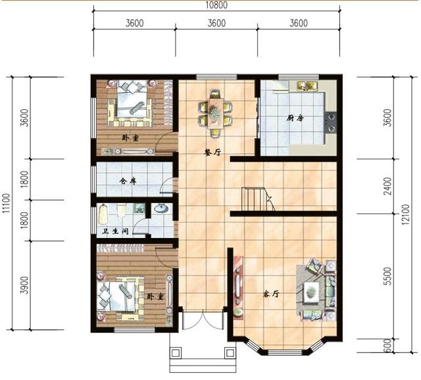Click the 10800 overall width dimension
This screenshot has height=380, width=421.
(216, 5)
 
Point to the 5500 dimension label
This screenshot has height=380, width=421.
(388, 276)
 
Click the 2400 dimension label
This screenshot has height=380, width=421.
(388, 186)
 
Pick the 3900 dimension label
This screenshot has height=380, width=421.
(24, 285)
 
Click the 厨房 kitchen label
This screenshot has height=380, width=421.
(295, 118)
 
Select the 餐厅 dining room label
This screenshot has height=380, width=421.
(212, 153)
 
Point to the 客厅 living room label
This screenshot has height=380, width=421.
(271, 294)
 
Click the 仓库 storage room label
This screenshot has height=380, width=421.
(128, 181)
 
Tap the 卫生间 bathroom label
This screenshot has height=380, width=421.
(115, 231)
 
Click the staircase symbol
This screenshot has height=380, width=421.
(258, 200)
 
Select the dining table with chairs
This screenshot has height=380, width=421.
(215, 114)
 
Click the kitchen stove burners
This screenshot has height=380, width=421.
(330, 122)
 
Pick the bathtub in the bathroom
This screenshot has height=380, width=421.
(103, 214)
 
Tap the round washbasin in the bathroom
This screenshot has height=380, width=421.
(161, 208)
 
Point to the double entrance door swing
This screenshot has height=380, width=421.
(203, 320)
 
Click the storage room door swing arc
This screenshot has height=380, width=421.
(166, 185)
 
